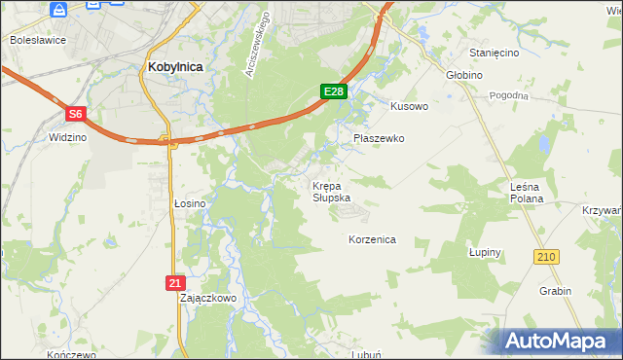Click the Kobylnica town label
(x=175, y=67)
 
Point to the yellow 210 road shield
(x=545, y=256)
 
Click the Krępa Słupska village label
(x=331, y=191)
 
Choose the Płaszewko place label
(x=379, y=138)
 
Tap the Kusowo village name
(x=409, y=105)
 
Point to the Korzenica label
(x=372, y=238)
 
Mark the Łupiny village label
(x=484, y=252)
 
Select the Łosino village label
(x=189, y=203)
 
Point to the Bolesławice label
(x=36, y=40)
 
